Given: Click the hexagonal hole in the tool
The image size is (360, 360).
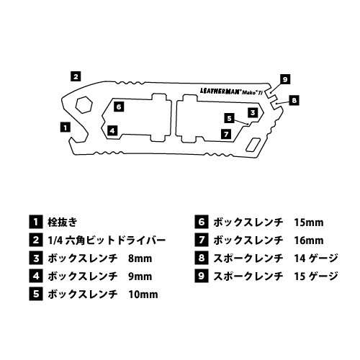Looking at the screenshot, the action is click(84, 104).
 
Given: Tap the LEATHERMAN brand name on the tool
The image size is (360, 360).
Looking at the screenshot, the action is click(220, 91).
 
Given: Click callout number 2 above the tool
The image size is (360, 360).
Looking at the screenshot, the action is click(76, 76).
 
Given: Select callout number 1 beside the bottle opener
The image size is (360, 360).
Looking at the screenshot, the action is click(66, 127).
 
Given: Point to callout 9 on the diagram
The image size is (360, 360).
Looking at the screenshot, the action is click(285, 79).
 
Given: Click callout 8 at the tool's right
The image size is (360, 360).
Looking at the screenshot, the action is click(294, 100).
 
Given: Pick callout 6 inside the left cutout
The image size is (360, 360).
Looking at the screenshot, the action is click(119, 107).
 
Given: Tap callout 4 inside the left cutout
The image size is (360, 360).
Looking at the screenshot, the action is click(112, 130).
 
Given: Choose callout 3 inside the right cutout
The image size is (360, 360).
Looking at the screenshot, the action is click(253, 112).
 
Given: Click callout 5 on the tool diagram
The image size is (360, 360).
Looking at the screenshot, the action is click(229, 118).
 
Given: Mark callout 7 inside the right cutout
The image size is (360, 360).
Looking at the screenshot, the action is click(226, 134).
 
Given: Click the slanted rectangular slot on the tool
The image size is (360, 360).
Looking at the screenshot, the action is click(253, 145).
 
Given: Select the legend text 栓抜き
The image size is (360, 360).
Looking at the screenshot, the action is click(63, 222).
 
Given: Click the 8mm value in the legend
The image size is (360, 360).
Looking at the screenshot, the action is click(140, 258).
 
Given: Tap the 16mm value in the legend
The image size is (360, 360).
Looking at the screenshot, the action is click(309, 240).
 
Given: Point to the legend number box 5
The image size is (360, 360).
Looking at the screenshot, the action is click(36, 294).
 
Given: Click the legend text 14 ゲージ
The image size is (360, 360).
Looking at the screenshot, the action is click(316, 258).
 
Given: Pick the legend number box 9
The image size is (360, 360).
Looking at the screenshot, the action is click(202, 276).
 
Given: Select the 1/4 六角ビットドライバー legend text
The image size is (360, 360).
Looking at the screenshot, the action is click(107, 240).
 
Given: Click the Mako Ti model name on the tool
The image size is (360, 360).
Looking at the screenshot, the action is click(252, 93).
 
